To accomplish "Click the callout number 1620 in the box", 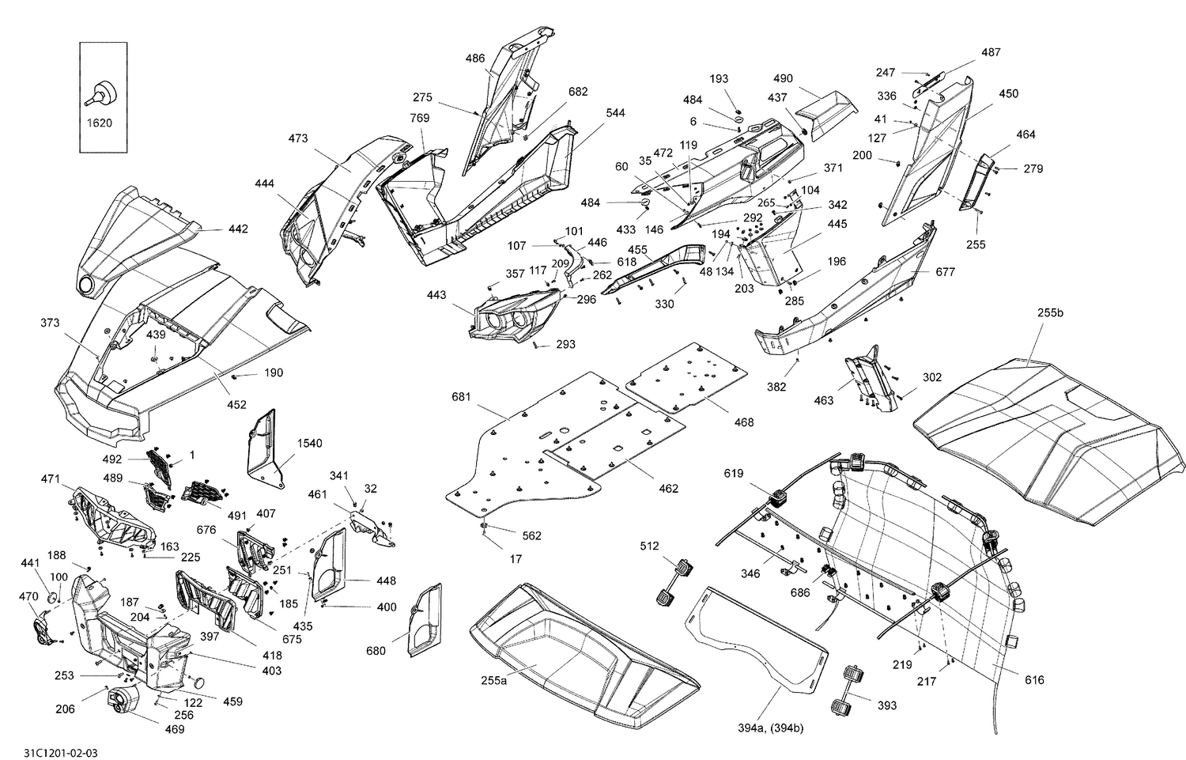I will pos(98,123).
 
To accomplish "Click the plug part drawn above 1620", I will pos(100,93).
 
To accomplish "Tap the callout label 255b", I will pos(1050,313).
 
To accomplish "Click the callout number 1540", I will pos(309,444).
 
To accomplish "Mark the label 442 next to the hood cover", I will pos(238,229).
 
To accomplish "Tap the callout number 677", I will pos(945,272).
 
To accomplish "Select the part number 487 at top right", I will pos(991,53).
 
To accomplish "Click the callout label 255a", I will pos(493,680).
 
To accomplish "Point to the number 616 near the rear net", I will pos(1034,680).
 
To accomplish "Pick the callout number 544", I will pos(615,113).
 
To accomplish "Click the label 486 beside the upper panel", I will pos(474,59).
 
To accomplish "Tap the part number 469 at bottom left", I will pos(174,729).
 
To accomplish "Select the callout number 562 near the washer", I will pos(531,536).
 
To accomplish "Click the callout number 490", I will pos(783,79).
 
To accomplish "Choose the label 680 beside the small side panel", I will pos(376,651).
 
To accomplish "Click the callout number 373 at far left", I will pos(51,323).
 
